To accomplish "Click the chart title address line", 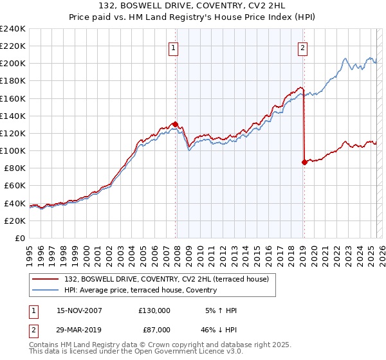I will [193, 6].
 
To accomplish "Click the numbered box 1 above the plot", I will [174, 47].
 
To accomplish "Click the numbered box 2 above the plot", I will [302, 47].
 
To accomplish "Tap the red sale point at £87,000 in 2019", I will [304, 162].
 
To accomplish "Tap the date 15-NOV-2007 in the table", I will [80, 310].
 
